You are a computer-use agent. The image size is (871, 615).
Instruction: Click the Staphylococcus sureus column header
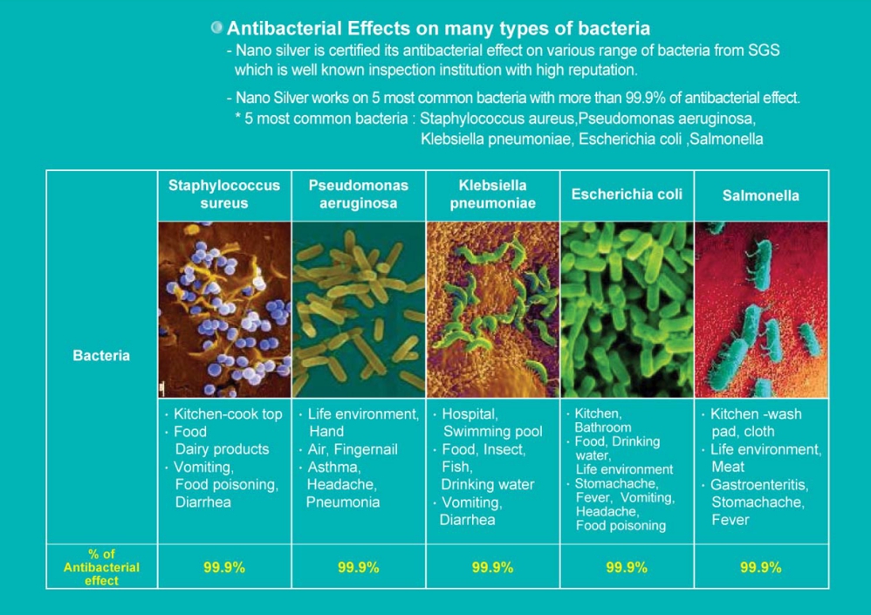(x=224, y=195)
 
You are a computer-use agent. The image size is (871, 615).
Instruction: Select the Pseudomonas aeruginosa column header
(x=359, y=195)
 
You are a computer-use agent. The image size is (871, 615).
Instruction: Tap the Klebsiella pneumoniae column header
(x=493, y=195)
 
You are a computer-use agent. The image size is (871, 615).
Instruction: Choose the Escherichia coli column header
(x=627, y=195)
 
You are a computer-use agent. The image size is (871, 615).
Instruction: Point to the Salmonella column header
(x=760, y=195)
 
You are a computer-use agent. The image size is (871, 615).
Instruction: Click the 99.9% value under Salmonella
(x=760, y=567)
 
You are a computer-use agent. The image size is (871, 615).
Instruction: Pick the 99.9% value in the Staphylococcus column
(x=224, y=567)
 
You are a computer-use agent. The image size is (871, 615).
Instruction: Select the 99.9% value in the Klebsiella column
(x=493, y=567)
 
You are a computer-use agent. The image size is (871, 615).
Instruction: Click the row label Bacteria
(x=101, y=356)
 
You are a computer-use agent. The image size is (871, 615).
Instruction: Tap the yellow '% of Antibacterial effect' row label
(x=101, y=567)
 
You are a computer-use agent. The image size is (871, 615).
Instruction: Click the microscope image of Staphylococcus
(x=224, y=310)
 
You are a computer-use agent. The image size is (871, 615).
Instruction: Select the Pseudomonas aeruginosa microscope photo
(x=359, y=310)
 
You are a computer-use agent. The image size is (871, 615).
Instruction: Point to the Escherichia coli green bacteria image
(x=628, y=310)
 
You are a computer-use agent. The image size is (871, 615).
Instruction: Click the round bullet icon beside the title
(x=216, y=27)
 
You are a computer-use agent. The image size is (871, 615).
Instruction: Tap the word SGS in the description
(x=764, y=51)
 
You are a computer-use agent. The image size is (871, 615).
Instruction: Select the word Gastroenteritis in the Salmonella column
(x=759, y=485)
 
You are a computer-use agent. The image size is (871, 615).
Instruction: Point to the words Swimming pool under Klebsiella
(x=493, y=431)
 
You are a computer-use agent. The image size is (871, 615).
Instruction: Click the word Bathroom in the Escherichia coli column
(x=603, y=427)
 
